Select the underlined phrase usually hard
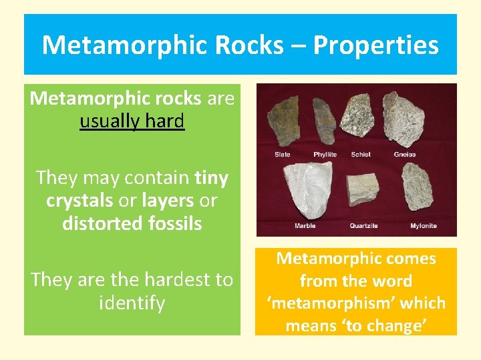point(132,121)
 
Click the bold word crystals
point(79,201)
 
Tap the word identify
point(132,303)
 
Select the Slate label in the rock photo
point(283,155)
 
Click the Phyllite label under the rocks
point(325,155)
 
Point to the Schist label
point(361,155)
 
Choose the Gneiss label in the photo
point(404,155)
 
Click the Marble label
point(305,226)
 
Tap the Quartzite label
point(363,226)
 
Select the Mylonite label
point(424,226)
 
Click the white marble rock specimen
point(305,189)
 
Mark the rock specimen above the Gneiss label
point(408,119)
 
